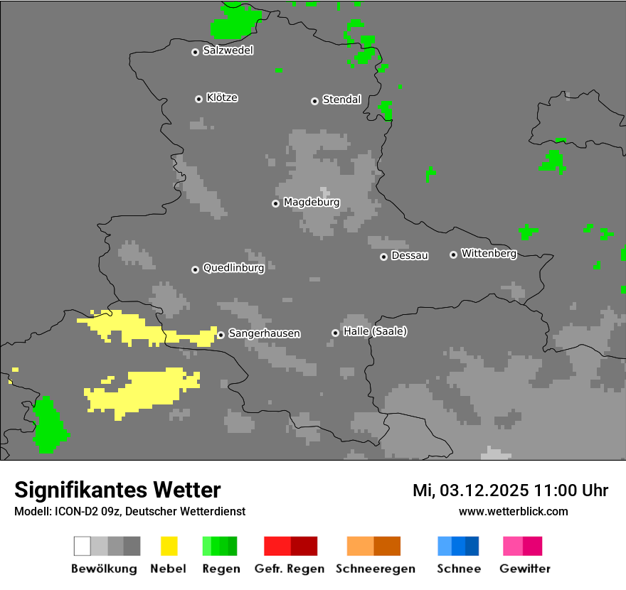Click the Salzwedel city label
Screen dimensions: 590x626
coord(228,50)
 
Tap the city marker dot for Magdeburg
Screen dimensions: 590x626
coord(275,203)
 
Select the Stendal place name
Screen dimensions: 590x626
coord(341,100)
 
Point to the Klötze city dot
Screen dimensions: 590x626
coord(198,99)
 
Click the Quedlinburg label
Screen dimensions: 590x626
coord(233,268)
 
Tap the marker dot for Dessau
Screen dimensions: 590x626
coord(383,257)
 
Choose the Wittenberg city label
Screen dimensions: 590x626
coord(489,253)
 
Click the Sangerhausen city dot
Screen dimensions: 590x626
coord(221,335)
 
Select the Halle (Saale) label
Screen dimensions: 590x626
coord(375,331)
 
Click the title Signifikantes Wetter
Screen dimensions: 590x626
coord(117,490)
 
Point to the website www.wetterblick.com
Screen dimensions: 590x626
coord(513,511)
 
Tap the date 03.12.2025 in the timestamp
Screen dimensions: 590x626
coord(484,490)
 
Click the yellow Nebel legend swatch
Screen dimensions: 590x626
coord(169,546)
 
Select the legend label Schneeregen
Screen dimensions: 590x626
coord(376,569)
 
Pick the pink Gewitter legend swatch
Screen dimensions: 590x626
coord(513,546)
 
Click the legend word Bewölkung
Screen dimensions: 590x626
coord(104,569)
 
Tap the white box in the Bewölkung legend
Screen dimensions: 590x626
coord(82,546)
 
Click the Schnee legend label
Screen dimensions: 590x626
coord(458,569)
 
